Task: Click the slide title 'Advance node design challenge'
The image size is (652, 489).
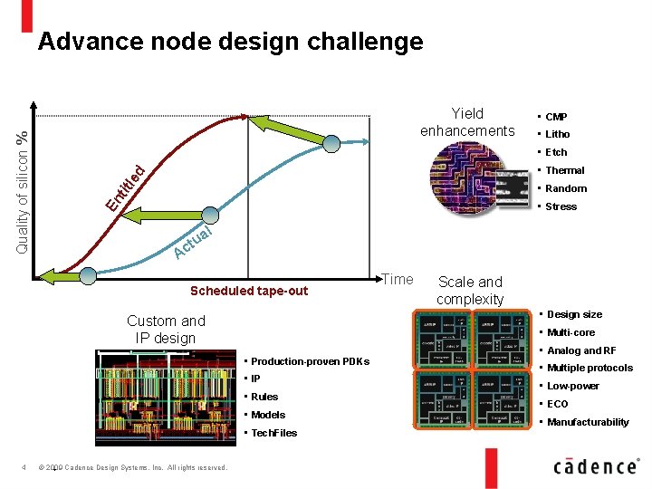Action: (x=230, y=42)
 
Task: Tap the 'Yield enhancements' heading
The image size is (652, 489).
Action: (x=467, y=122)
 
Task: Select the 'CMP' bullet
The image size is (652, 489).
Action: (x=556, y=117)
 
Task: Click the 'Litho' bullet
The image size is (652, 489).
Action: (x=557, y=134)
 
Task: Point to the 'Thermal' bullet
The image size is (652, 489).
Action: (x=564, y=170)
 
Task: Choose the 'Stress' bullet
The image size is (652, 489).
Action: (x=561, y=206)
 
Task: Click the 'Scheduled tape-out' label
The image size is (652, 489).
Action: (x=249, y=291)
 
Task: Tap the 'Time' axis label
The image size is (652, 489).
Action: (x=397, y=280)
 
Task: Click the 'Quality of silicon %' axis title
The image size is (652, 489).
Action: (x=24, y=190)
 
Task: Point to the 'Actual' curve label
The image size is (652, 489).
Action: (x=193, y=243)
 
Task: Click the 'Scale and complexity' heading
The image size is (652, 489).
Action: (x=470, y=290)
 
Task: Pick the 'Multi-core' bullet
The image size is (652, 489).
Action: (x=570, y=332)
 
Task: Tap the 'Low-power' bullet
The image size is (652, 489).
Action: (x=572, y=386)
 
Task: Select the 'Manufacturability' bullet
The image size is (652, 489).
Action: (x=587, y=422)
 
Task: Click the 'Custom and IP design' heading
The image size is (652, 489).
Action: (x=166, y=330)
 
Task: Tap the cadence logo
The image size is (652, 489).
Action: (x=595, y=465)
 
